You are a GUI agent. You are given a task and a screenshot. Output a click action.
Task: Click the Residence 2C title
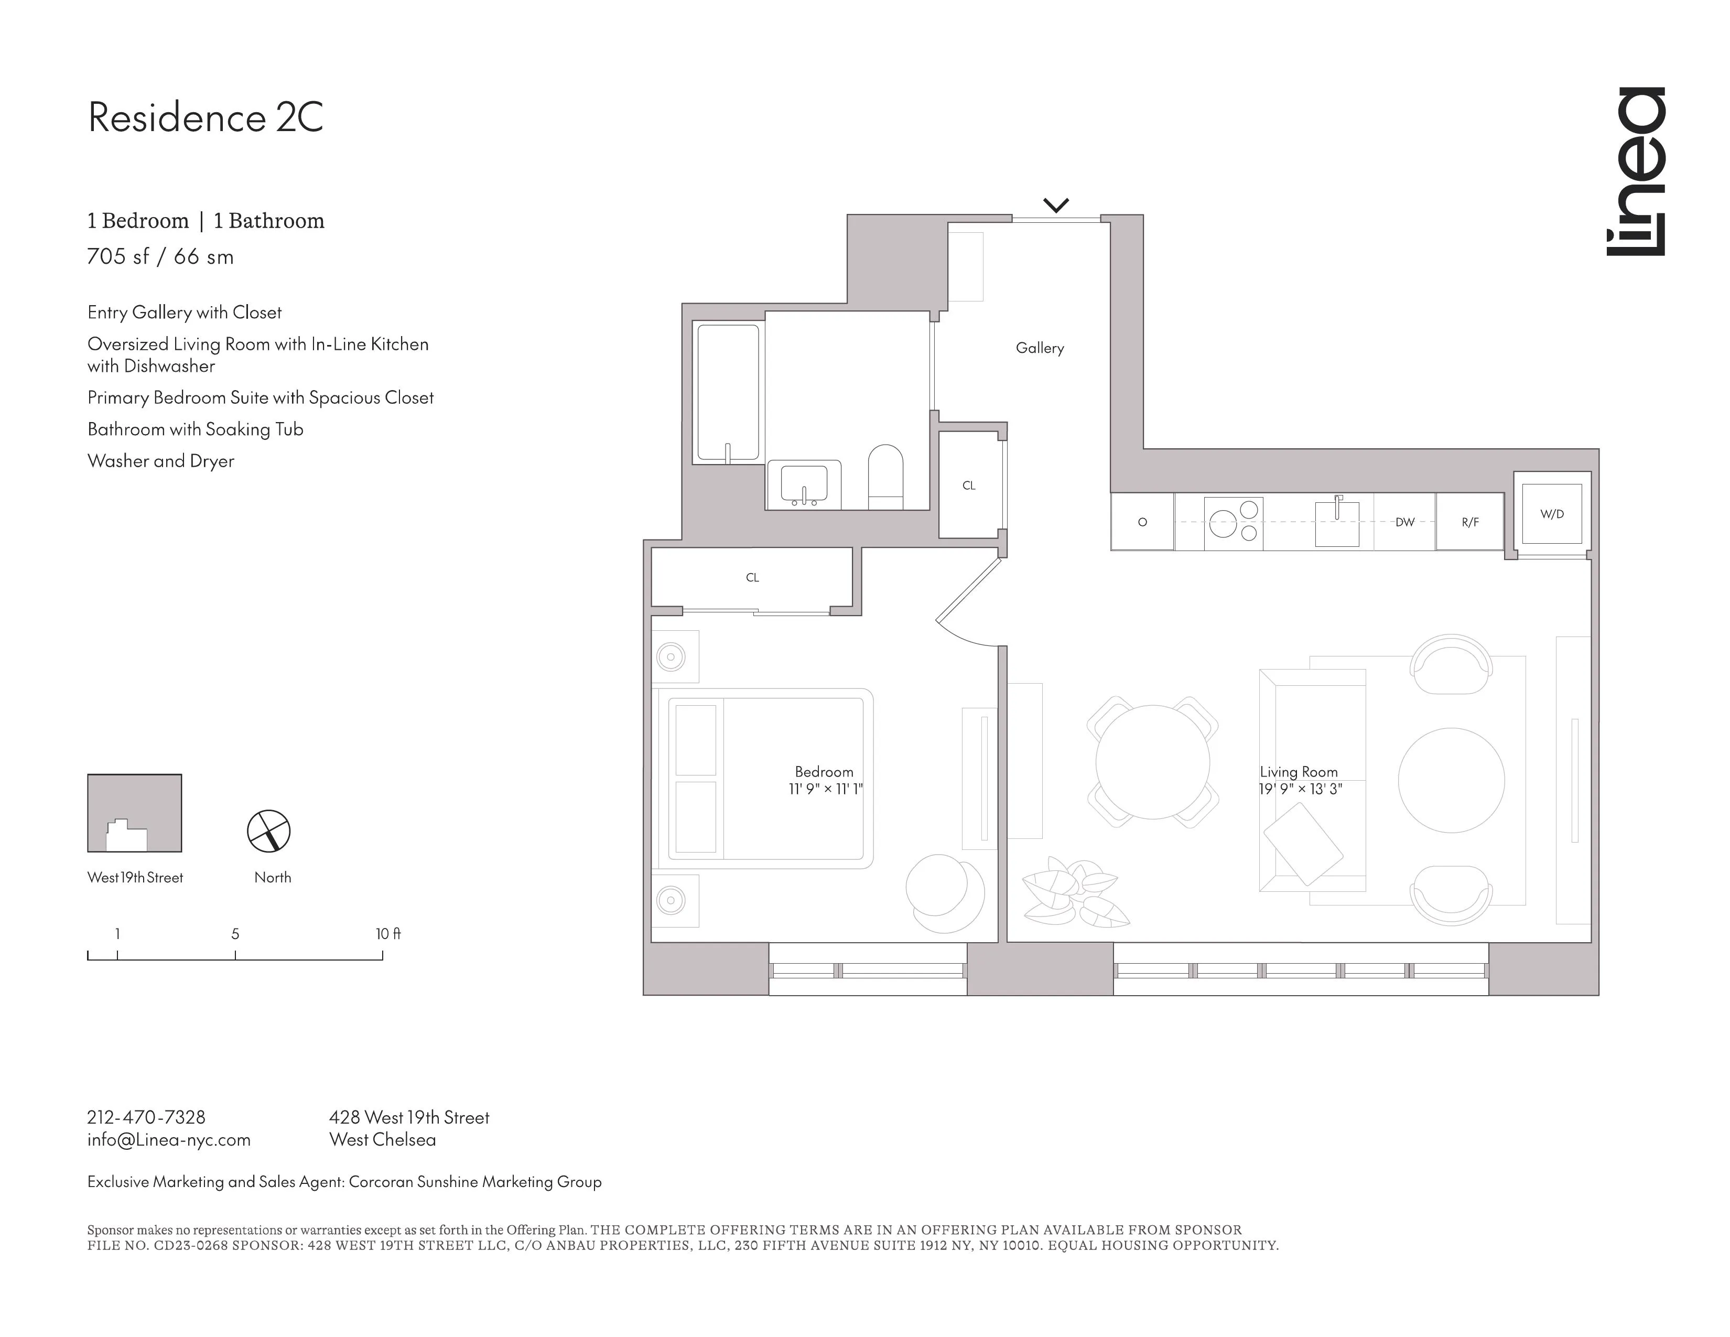pos(205,117)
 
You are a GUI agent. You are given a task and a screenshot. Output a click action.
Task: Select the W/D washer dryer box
pos(1552,514)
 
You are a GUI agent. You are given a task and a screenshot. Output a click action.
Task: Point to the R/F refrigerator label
pos(1469,522)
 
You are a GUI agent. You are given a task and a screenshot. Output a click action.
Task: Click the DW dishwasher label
pos(1404,522)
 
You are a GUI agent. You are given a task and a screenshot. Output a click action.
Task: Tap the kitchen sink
pos(1337,522)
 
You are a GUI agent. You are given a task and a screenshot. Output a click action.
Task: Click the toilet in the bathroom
pos(885,477)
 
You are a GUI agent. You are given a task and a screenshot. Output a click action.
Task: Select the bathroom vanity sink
pos(804,484)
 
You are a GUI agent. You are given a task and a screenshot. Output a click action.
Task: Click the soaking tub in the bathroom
pos(727,393)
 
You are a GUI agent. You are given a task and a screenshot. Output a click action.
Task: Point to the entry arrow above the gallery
pos(1056,205)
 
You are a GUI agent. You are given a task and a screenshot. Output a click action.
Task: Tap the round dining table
pos(1152,762)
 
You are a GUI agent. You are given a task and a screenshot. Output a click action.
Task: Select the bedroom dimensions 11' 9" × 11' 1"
pos(825,789)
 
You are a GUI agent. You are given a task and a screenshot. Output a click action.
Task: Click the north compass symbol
pos(268,831)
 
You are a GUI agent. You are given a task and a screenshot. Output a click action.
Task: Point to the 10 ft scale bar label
pos(387,934)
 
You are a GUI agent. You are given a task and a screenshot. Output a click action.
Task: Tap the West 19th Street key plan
pos(135,813)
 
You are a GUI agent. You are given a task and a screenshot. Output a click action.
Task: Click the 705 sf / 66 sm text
pos(160,256)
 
